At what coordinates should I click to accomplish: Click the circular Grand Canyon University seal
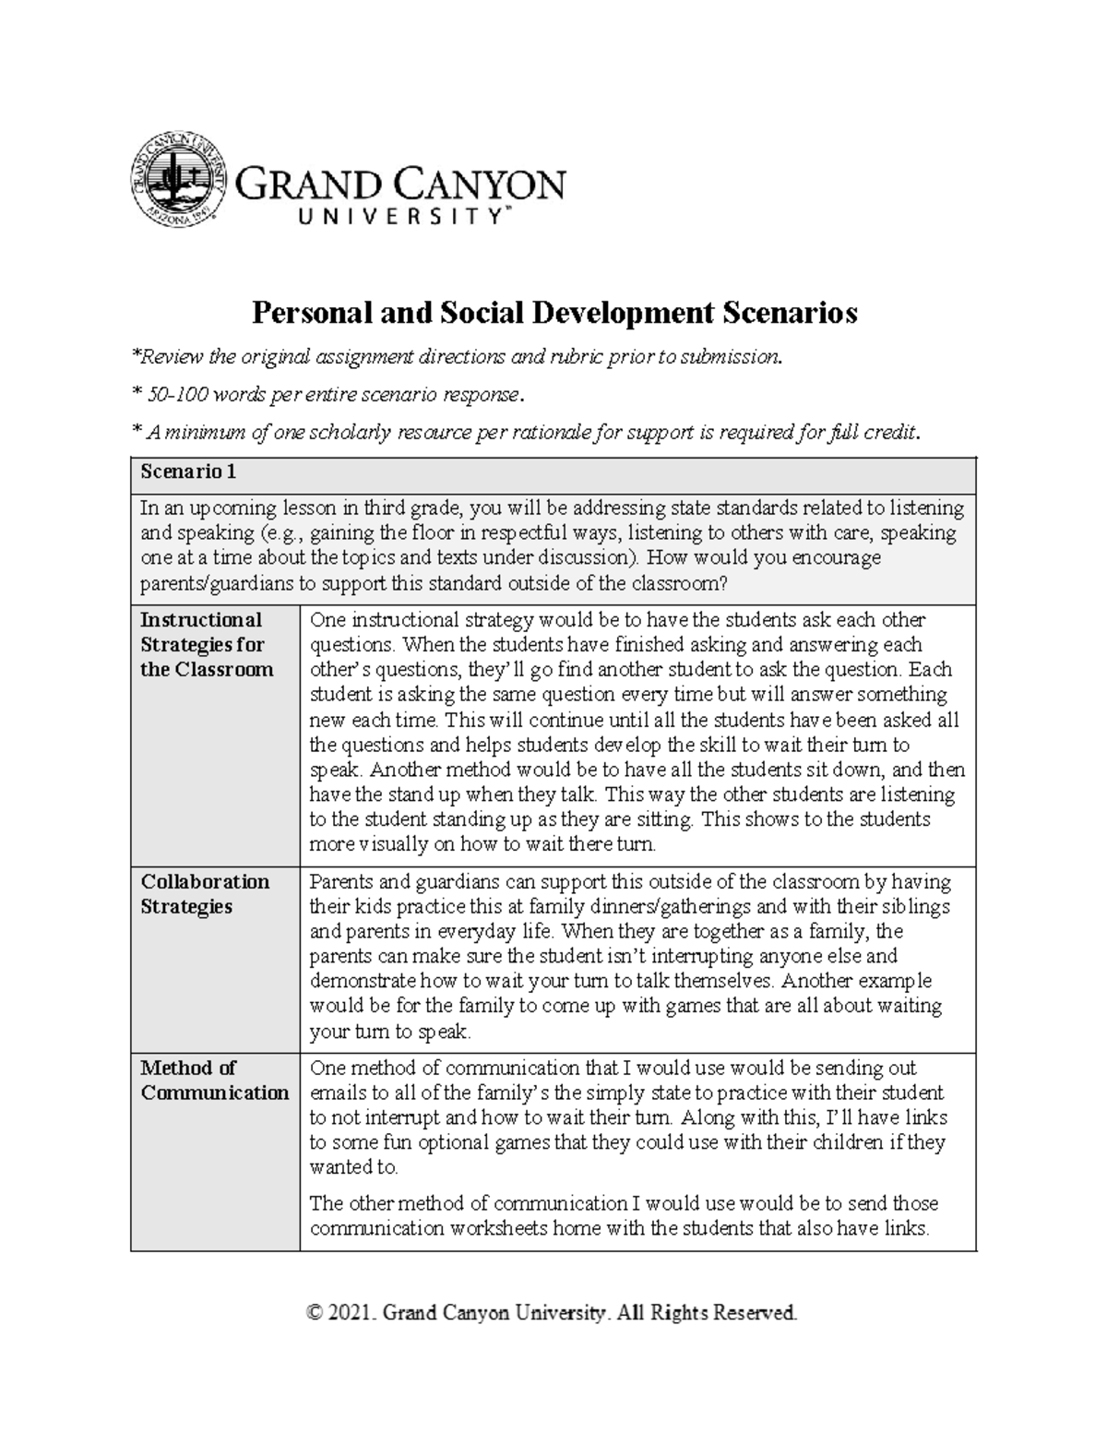[x=177, y=179]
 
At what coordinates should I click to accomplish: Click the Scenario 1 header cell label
[x=188, y=472]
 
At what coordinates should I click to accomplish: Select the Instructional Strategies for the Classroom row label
[x=207, y=644]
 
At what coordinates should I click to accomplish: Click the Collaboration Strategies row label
[x=205, y=893]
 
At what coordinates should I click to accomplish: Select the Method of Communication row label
[x=214, y=1080]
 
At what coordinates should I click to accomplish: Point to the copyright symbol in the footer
[x=316, y=1312]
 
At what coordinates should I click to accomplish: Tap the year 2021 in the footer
[x=352, y=1312]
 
